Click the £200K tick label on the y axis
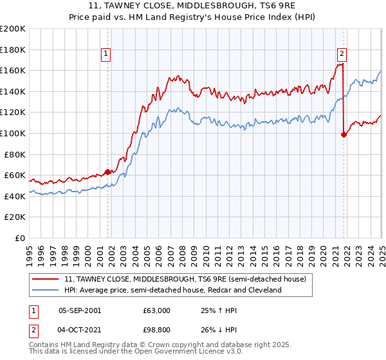[13, 29]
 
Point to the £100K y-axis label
[13, 133]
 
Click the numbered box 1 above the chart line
[105, 55]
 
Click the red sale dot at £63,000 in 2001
[107, 172]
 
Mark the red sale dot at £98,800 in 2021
[344, 134]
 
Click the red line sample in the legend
[46, 279]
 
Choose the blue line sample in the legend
[46, 290]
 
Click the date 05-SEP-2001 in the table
[80, 310]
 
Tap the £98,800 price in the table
[156, 328]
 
